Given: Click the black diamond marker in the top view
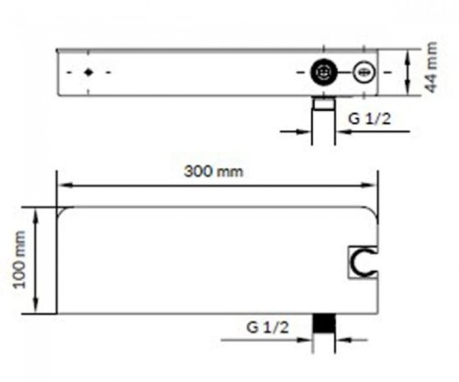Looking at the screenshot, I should point(88,71).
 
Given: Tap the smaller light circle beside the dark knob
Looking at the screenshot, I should point(364,71).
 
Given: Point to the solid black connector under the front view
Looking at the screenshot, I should point(322,324).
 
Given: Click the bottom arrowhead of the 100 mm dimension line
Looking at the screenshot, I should point(36,309).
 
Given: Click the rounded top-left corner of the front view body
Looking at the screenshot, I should point(62,213).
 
